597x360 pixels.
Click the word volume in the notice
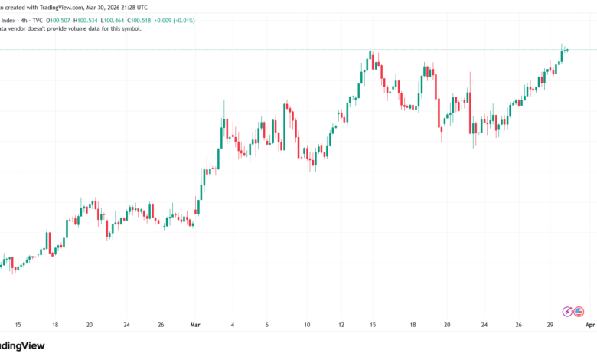click(x=81, y=28)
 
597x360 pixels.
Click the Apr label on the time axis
click(x=589, y=324)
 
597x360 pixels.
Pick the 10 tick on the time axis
click(x=306, y=324)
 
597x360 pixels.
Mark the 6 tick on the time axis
click(x=267, y=324)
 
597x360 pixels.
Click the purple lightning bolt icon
click(x=567, y=311)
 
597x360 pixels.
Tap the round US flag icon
click(x=579, y=311)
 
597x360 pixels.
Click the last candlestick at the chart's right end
click(x=567, y=50)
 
